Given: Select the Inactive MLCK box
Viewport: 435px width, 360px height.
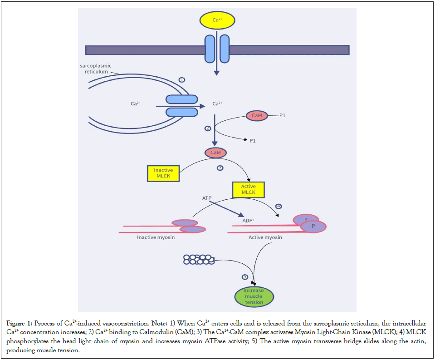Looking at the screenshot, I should pyautogui.click(x=163, y=173).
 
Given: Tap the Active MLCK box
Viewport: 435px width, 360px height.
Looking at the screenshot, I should pyautogui.click(x=248, y=189).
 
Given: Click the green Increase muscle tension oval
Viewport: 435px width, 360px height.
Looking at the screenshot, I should pyautogui.click(x=254, y=296).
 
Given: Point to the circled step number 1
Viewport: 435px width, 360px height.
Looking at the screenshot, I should pyautogui.click(x=182, y=80).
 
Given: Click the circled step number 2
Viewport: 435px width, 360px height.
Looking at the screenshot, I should pyautogui.click(x=208, y=128).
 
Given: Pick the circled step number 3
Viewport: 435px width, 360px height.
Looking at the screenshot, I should pyautogui.click(x=220, y=168).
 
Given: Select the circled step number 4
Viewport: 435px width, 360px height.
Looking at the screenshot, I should pyautogui.click(x=279, y=206).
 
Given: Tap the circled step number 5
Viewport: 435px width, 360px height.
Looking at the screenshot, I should pyautogui.click(x=245, y=277).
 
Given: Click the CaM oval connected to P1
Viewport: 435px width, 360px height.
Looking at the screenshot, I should pyautogui.click(x=257, y=116).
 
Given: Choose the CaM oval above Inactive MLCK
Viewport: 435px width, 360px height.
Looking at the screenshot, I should pyautogui.click(x=216, y=153).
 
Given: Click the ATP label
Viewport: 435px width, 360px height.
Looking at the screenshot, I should pyautogui.click(x=207, y=198).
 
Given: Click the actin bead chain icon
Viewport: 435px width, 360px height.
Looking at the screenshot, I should pyautogui.click(x=198, y=259).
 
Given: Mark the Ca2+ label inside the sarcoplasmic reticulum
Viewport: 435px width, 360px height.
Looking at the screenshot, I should pyautogui.click(x=136, y=104).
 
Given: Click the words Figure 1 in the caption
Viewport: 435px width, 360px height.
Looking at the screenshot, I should pyautogui.click(x=18, y=323).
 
